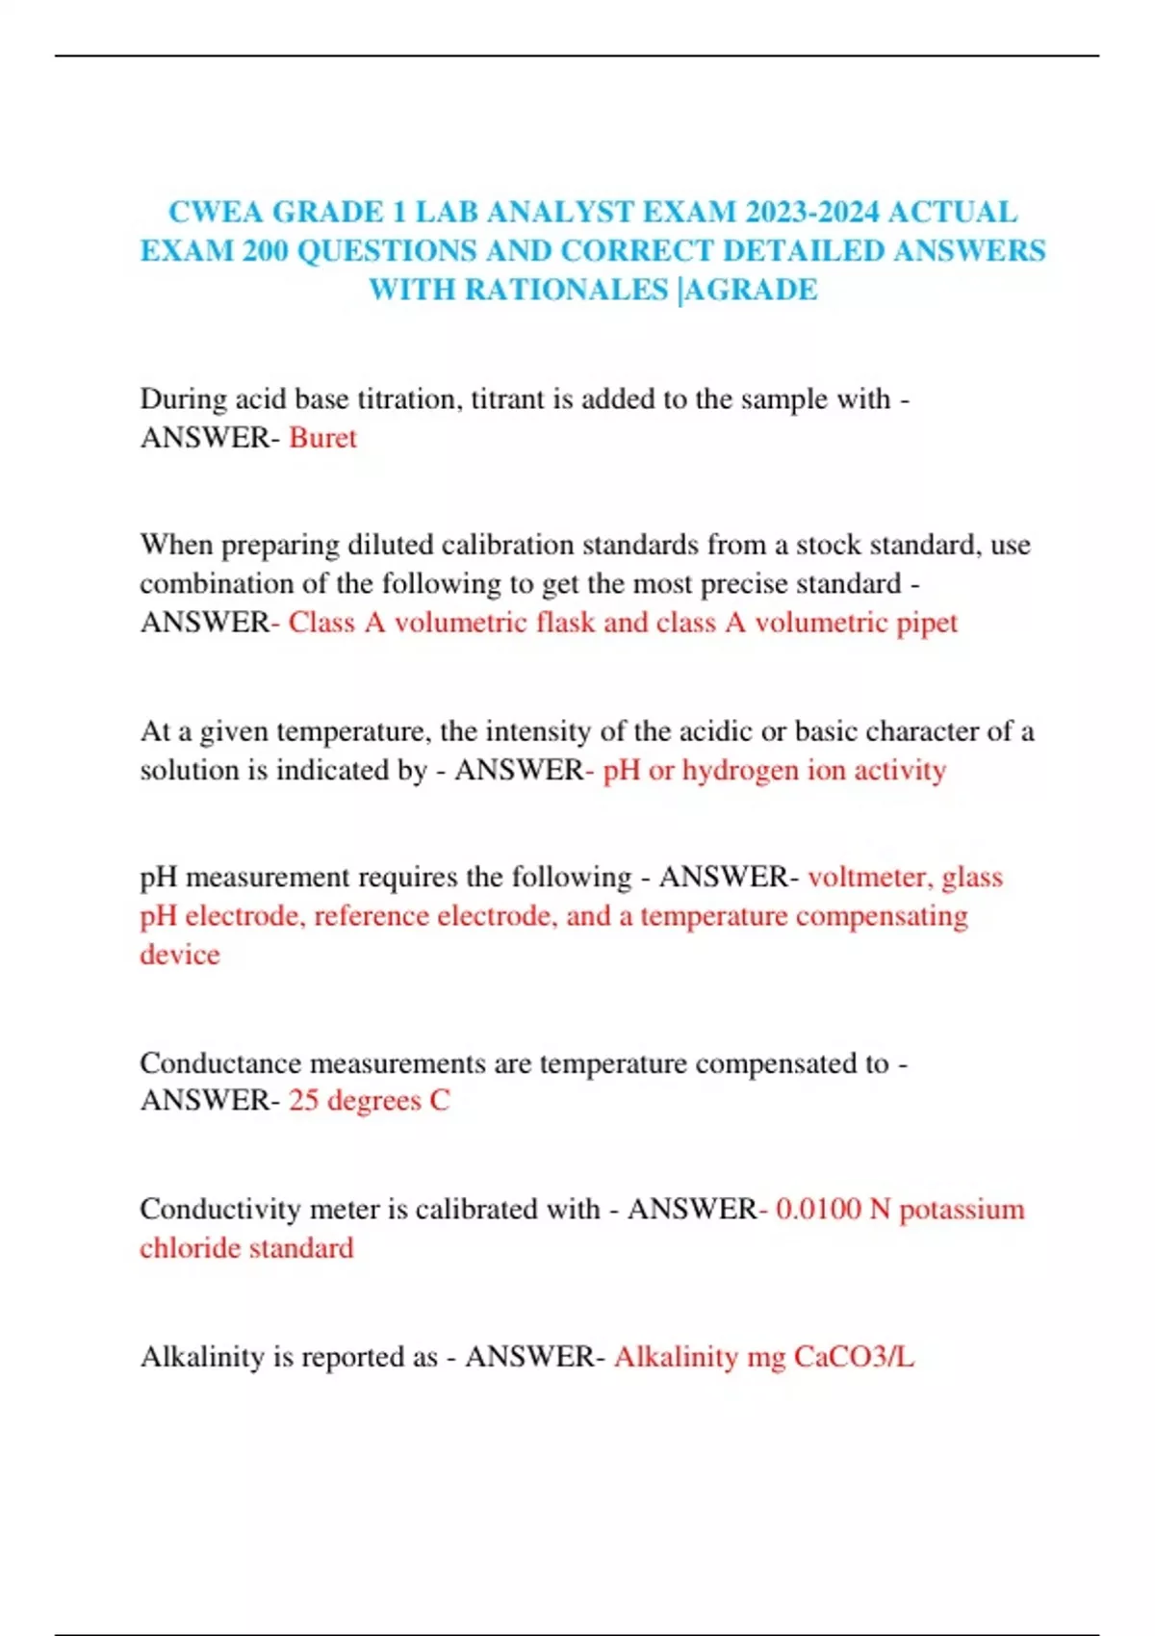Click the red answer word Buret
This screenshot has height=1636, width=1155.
(322, 438)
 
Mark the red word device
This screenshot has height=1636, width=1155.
(180, 954)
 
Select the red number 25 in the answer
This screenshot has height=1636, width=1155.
(303, 1100)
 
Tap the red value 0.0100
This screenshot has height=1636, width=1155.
(818, 1209)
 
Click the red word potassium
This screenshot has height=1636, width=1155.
(962, 1209)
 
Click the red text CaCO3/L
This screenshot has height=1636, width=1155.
(854, 1357)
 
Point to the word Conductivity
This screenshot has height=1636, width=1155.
(221, 1209)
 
